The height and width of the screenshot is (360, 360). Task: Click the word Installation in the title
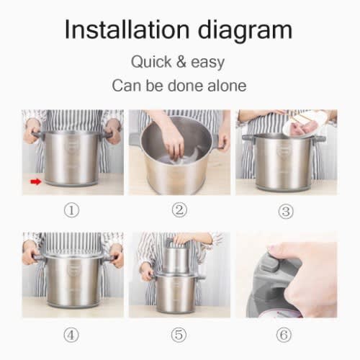tap(127, 30)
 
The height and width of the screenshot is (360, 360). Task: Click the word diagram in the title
tap(245, 31)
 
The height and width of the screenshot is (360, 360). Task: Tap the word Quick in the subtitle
tap(151, 62)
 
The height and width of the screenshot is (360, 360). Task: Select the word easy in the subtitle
tap(208, 63)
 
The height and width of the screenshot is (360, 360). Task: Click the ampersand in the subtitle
tap(181, 62)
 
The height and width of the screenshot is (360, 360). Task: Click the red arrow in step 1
tap(36, 181)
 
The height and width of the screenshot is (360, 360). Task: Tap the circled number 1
tap(71, 210)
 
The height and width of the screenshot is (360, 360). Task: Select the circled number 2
tap(179, 210)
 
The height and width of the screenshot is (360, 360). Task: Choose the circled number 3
tap(286, 211)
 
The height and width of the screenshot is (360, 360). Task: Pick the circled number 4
tap(71, 335)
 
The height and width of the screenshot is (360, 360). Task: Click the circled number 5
tap(179, 335)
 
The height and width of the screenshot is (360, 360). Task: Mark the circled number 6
tap(284, 335)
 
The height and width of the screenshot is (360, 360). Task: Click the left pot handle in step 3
tap(248, 138)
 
